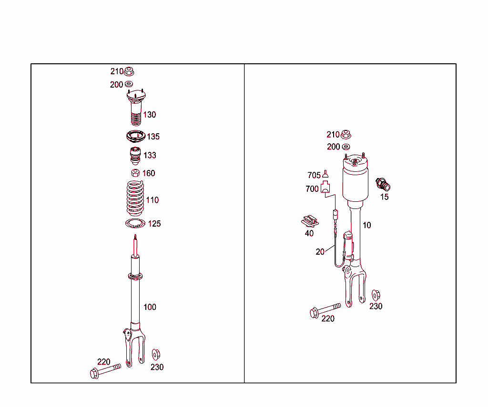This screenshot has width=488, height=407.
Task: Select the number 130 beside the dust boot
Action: pos(150,115)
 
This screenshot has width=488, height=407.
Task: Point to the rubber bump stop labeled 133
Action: pos(135,156)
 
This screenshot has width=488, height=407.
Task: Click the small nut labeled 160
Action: pos(135,173)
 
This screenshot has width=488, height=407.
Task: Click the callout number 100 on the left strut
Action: pos(150,307)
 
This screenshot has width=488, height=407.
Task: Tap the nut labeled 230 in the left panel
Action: pos(155,355)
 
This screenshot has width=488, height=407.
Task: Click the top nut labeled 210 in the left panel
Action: pos(128,72)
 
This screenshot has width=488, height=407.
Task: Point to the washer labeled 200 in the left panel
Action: pos(128,85)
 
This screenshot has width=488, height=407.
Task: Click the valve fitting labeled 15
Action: pos(384,184)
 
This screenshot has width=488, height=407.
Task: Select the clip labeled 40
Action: pos(310,221)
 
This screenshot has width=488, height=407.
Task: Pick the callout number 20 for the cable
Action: pos(320,252)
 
